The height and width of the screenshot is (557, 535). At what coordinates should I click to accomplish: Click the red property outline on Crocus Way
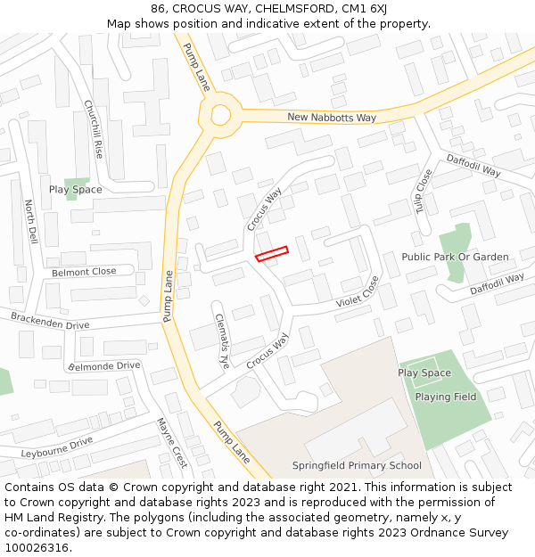272,254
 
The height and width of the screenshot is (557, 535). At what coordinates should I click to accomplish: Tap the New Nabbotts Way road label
332,118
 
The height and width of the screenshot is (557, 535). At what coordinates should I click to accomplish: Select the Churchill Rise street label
94,129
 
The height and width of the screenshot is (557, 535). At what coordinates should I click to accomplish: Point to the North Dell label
31,222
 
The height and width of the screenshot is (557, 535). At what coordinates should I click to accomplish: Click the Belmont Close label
84,272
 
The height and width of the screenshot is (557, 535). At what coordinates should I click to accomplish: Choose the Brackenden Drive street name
50,321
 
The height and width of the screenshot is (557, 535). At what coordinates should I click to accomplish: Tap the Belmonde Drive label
104,365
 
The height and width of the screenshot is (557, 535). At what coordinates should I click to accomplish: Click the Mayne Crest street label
171,443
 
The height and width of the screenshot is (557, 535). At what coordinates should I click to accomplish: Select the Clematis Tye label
222,342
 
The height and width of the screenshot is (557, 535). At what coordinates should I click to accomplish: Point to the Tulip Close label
423,192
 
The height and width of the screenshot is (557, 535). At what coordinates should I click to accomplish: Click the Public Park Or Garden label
455,257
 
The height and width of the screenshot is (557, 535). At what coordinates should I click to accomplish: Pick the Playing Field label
446,397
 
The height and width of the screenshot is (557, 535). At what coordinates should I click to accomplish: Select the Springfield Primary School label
357,465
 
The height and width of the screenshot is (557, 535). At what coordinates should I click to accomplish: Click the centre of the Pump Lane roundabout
220,114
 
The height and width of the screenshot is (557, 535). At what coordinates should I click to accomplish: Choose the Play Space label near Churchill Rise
75,189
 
